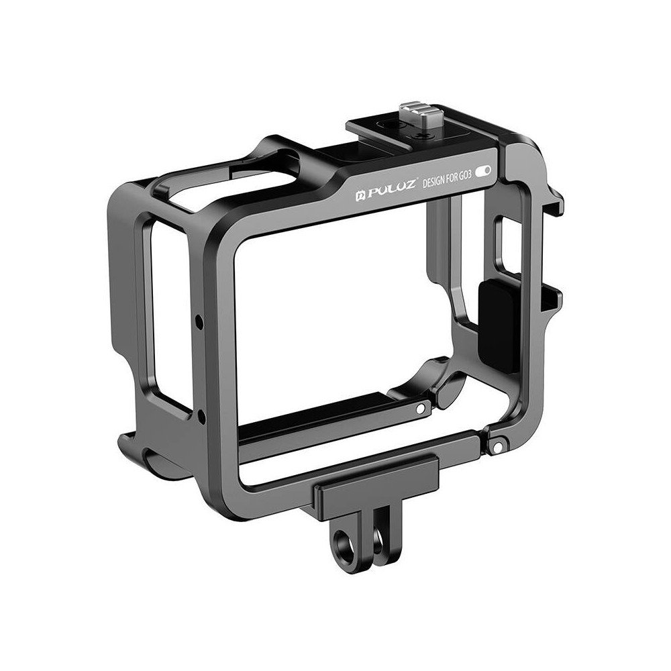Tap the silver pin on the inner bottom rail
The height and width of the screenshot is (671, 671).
coord(420,408)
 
